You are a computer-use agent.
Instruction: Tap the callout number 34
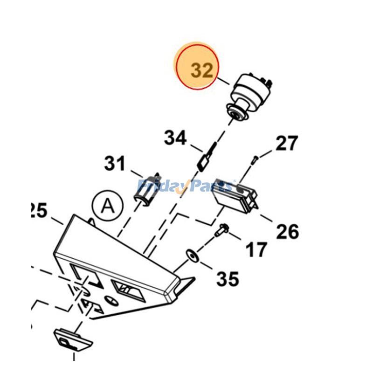(175, 138)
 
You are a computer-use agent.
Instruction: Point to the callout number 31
(115, 164)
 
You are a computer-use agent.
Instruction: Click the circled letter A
(107, 204)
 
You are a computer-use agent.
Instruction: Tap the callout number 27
(286, 144)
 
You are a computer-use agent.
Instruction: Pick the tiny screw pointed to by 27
(254, 160)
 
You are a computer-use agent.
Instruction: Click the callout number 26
(287, 231)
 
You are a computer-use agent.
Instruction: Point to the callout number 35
(228, 279)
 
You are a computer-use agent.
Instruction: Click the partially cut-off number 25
(38, 211)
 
